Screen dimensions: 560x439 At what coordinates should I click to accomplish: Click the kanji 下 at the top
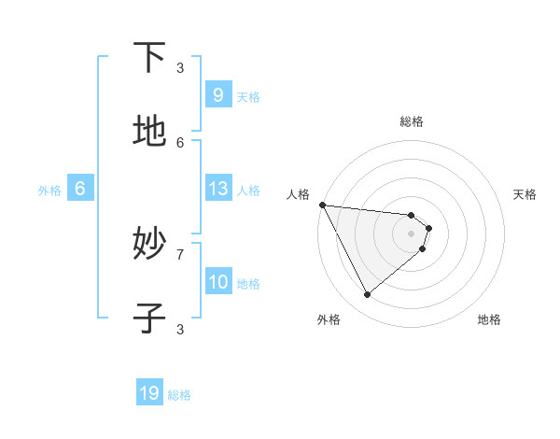(x=149, y=58)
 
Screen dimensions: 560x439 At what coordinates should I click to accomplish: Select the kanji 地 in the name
(x=149, y=132)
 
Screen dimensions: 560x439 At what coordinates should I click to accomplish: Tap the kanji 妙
(x=149, y=245)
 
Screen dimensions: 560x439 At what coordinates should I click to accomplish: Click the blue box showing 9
(x=217, y=95)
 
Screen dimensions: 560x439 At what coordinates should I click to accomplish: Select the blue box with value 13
(x=217, y=189)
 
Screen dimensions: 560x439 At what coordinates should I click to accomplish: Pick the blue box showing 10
(x=217, y=282)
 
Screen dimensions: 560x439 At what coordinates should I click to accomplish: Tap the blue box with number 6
(x=80, y=189)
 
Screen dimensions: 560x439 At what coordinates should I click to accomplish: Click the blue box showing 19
(x=149, y=393)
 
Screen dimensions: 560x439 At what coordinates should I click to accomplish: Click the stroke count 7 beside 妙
(x=180, y=254)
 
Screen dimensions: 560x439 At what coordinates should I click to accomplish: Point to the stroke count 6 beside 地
(x=180, y=142)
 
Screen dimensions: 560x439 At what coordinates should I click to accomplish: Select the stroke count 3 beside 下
(x=180, y=67)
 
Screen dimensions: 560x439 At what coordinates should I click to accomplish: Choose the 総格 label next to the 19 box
(x=179, y=395)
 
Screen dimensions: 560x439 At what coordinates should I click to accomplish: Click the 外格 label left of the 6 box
(x=49, y=191)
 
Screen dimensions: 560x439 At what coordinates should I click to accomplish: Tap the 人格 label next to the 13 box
(x=248, y=191)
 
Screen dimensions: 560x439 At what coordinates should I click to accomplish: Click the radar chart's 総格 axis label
(x=412, y=121)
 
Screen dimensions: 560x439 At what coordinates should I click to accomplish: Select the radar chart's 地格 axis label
(x=489, y=319)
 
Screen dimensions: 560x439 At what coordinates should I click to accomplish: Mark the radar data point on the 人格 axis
(x=322, y=205)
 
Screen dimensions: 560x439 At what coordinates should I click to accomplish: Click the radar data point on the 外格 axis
(x=367, y=295)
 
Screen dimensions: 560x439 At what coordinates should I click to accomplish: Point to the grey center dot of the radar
(x=412, y=234)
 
